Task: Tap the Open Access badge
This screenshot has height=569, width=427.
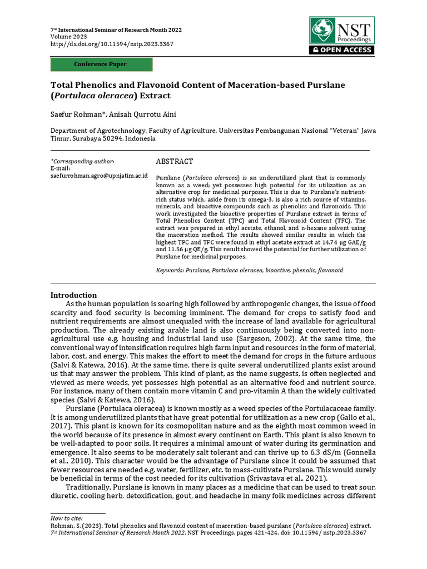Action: pyautogui.click(x=341, y=50)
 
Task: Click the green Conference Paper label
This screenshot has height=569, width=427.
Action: pyautogui.click(x=101, y=64)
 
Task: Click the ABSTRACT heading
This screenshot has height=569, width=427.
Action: pyautogui.click(x=174, y=162)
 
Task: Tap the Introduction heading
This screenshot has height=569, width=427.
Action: pyautogui.click(x=73, y=295)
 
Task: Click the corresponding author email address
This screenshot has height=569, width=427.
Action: pyautogui.click(x=99, y=176)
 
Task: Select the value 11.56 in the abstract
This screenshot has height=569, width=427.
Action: pyautogui.click(x=178, y=249)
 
